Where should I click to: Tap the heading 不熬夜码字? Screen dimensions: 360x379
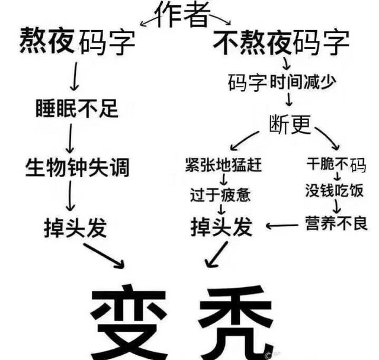(x=281, y=43)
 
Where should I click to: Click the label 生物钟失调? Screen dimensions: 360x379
(x=77, y=168)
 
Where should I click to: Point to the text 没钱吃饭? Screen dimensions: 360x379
(x=335, y=191)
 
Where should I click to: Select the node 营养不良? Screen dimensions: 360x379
(x=336, y=223)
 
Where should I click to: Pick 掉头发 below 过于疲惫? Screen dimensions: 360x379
(x=221, y=227)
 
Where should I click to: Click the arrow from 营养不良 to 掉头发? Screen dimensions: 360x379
(x=282, y=225)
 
